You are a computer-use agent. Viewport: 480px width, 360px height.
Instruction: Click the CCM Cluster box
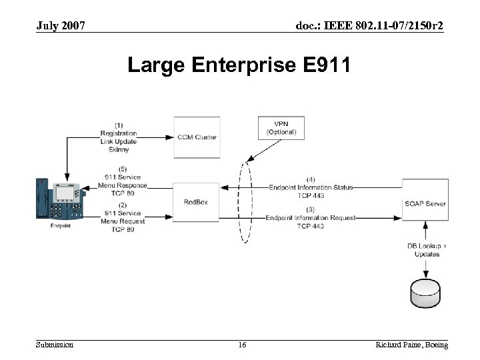pyautogui.click(x=197, y=137)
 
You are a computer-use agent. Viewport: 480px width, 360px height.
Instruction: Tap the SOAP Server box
pyautogui.click(x=424, y=203)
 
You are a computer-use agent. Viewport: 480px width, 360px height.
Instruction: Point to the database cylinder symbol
pyautogui.click(x=424, y=291)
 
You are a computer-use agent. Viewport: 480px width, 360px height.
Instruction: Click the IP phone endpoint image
pyautogui.click(x=61, y=199)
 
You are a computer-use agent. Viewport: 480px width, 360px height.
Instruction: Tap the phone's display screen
pyautogui.click(x=65, y=193)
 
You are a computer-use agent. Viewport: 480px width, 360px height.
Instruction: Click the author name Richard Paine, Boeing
pyautogui.click(x=411, y=345)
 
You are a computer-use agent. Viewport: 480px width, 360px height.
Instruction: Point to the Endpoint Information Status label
pyautogui.click(x=311, y=187)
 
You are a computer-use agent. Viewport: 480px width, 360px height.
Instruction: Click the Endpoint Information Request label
pyautogui.click(x=311, y=218)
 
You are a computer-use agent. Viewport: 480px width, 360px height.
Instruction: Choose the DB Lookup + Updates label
pyautogui.click(x=427, y=250)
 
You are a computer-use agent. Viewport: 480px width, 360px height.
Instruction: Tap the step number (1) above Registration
pyautogui.click(x=118, y=125)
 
